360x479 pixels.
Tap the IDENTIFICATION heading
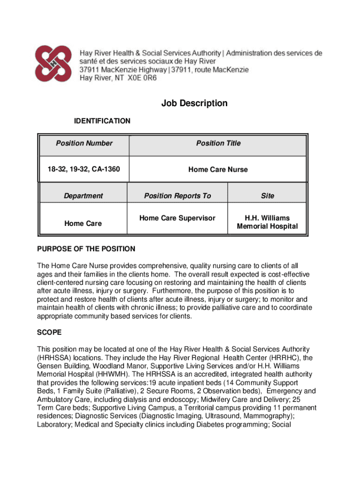pyautogui.click(x=102, y=121)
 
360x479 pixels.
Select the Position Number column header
pyautogui.click(x=84, y=143)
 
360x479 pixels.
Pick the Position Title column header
pyautogui.click(x=218, y=143)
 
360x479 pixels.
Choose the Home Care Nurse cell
pyautogui.click(x=218, y=169)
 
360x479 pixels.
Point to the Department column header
pyautogui.click(x=83, y=196)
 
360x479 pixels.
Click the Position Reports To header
pyautogui.click(x=178, y=196)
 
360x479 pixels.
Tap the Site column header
pyautogui.click(x=267, y=196)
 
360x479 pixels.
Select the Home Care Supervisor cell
pyautogui.click(x=177, y=218)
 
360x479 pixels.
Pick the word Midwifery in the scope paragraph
pyautogui.click(x=218, y=400)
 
